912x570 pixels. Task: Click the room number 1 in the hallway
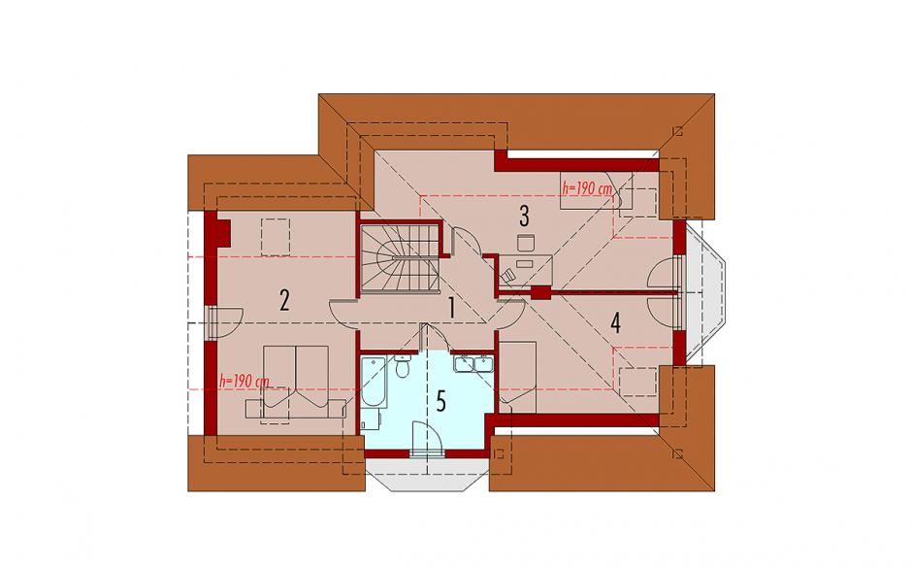tap(451, 308)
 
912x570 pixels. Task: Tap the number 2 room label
tap(284, 300)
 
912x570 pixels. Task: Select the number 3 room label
tap(524, 216)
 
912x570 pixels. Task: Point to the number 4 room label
tap(615, 322)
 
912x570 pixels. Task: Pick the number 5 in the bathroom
tap(440, 401)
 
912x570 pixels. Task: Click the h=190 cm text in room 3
tap(587, 188)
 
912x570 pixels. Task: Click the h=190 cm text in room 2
tap(244, 382)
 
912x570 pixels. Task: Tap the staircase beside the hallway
tap(399, 258)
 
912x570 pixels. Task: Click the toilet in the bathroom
tap(402, 367)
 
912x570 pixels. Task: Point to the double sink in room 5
tap(473, 363)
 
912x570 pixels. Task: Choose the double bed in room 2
tap(297, 382)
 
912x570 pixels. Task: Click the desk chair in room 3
tap(525, 243)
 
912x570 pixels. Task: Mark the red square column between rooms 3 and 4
tap(541, 293)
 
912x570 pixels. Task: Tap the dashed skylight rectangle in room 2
tap(276, 237)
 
